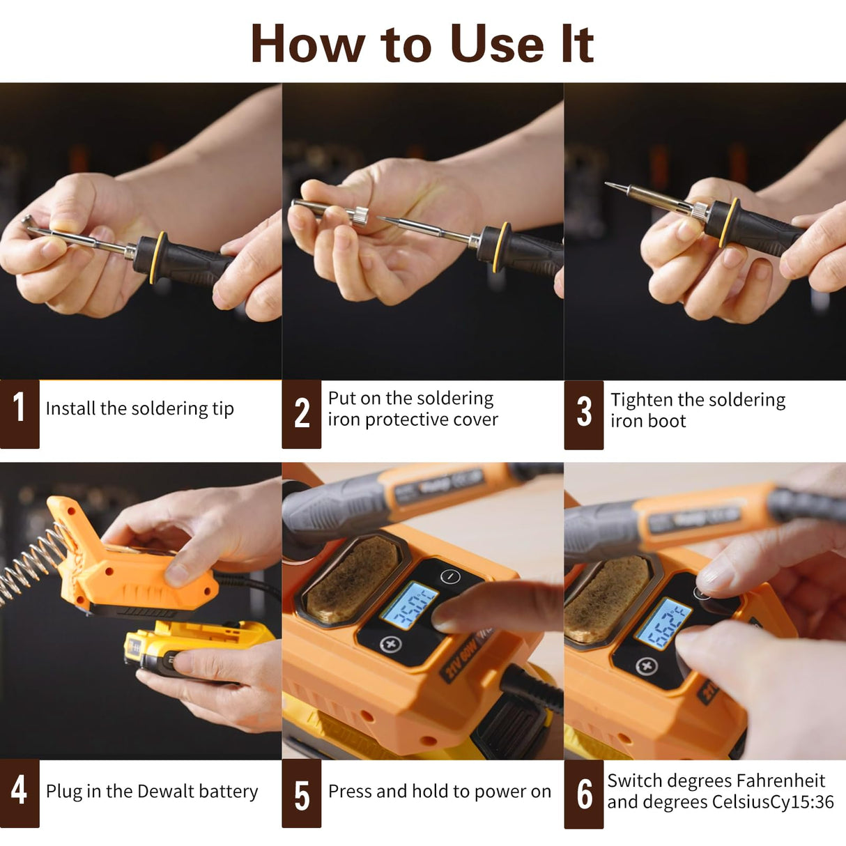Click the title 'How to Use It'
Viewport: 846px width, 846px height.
[x=422, y=44]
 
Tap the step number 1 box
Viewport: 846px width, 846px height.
[x=20, y=413]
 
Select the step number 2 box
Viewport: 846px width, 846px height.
[x=301, y=413]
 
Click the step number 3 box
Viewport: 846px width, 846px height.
[x=583, y=414]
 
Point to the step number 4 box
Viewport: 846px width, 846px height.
[x=20, y=793]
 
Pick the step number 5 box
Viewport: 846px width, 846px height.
[x=301, y=794]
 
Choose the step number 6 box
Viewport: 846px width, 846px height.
[x=583, y=794]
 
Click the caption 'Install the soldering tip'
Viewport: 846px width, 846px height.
[x=139, y=408]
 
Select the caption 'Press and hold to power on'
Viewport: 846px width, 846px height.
[x=439, y=791]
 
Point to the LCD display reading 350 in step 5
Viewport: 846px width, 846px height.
[x=409, y=606]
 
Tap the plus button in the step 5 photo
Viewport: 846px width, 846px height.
[x=390, y=644]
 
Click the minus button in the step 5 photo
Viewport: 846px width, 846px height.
[x=451, y=576]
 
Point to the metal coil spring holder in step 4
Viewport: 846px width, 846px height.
[x=28, y=564]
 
